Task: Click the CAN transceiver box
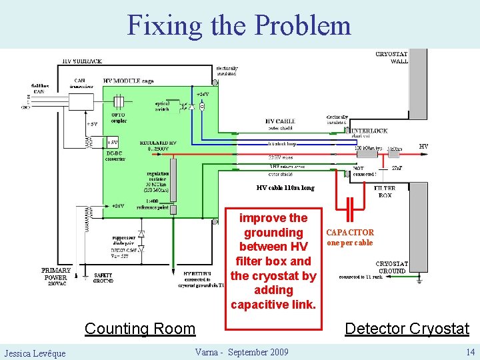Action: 82,101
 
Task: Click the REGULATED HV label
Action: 159,145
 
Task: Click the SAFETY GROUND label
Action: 103,277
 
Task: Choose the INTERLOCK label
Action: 369,131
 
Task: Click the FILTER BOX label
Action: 385,191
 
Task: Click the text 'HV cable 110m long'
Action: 285,188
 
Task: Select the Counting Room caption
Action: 140,328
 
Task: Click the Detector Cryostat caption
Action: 407,328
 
